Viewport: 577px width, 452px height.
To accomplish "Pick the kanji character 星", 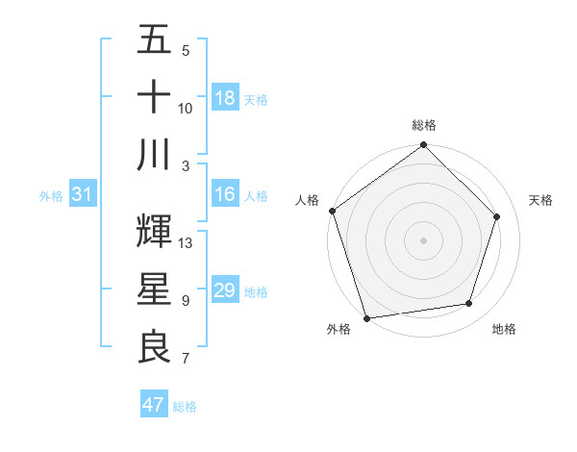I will pyautogui.click(x=155, y=289).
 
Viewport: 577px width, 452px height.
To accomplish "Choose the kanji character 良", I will pyautogui.click(x=155, y=347).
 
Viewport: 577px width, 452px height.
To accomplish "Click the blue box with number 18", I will pyautogui.click(x=225, y=97).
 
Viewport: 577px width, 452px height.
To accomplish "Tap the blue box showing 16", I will pyautogui.click(x=225, y=194).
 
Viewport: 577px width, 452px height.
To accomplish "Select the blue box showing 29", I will pyautogui.click(x=225, y=290).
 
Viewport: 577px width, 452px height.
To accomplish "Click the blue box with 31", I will pyautogui.click(x=83, y=194).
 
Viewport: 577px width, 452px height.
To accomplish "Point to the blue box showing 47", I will pyautogui.click(x=154, y=405).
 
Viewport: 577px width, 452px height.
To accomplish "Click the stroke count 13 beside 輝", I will pyautogui.click(x=187, y=243).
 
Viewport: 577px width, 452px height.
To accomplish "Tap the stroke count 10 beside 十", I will pyautogui.click(x=186, y=109).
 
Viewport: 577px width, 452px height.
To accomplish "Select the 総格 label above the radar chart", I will pyautogui.click(x=424, y=125).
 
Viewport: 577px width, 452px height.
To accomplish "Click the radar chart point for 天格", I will pyautogui.click(x=497, y=216).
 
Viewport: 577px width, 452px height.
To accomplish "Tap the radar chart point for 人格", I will pyautogui.click(x=332, y=211).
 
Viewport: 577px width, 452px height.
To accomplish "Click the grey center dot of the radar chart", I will pyautogui.click(x=424, y=239).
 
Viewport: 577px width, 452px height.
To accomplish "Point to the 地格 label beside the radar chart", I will pyautogui.click(x=504, y=329).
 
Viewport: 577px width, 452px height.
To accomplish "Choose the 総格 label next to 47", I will pyautogui.click(x=185, y=407).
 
